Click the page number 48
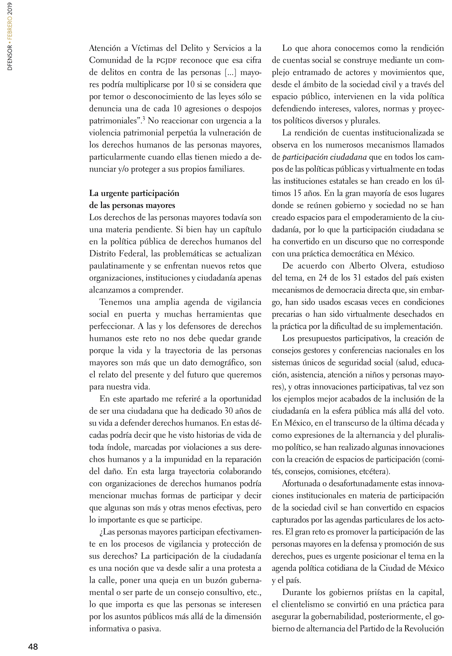coord(33,646)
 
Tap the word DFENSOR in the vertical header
coord(10,58)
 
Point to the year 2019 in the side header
coord(10,9)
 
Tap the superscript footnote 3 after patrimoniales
coord(144,118)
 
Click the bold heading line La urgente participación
coord(134,193)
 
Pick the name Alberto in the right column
coord(364,266)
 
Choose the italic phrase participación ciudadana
coord(324,157)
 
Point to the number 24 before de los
coord(323,278)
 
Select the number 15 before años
coord(297,193)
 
